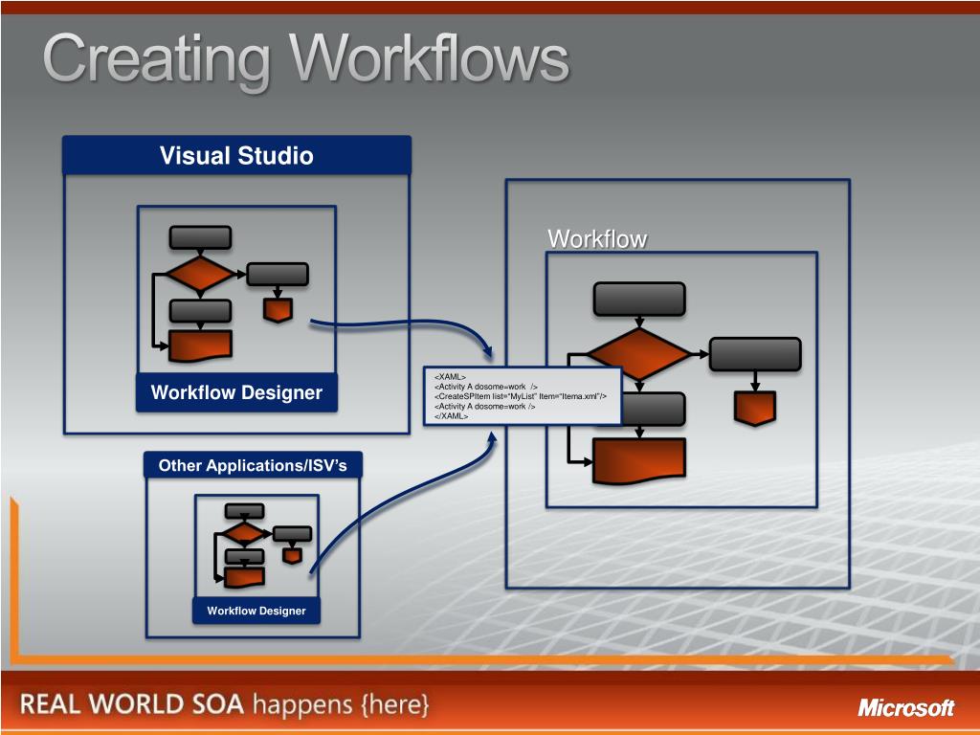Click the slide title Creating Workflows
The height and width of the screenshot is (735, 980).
(305, 59)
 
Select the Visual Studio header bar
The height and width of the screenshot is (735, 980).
(236, 155)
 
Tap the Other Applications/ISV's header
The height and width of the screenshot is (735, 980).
(254, 466)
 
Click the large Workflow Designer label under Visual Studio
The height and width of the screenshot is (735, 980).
(236, 392)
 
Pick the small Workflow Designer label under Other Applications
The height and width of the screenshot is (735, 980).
(256, 611)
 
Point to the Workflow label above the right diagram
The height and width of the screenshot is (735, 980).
(597, 239)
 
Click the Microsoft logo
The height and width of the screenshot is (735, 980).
(905, 708)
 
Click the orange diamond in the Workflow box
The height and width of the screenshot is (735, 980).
(637, 353)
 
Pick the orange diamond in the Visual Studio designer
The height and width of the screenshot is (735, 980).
(199, 274)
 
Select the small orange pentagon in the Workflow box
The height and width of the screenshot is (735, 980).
(754, 408)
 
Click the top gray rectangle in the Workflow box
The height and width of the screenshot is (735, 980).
(639, 299)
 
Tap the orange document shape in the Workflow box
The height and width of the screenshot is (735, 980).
(638, 460)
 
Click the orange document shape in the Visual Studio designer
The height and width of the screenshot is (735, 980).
(200, 345)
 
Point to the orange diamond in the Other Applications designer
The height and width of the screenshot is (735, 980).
(245, 533)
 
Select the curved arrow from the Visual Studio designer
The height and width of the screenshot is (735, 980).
(402, 325)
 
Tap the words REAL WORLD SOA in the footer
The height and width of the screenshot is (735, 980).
(133, 705)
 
